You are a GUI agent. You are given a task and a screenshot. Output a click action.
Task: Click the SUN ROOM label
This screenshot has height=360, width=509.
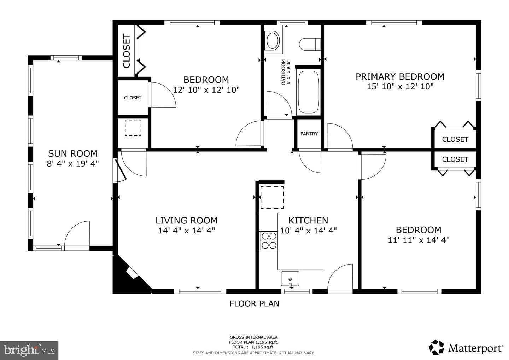tap(72, 153)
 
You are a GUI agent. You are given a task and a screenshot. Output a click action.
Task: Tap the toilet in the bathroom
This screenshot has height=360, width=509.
tap(310, 44)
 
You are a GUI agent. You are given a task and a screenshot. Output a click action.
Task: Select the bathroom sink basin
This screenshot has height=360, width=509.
tap(273, 41)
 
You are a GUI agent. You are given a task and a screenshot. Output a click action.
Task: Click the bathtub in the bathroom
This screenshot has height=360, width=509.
tap(309, 92)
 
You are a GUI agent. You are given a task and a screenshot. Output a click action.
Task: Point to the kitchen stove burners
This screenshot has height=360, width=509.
tap(268, 240)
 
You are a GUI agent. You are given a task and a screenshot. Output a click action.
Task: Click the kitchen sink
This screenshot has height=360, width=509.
tap(290, 278)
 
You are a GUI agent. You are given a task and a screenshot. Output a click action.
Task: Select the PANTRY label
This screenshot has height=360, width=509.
tap(309, 134)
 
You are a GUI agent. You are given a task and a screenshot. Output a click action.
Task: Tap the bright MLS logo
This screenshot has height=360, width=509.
tap(29, 350)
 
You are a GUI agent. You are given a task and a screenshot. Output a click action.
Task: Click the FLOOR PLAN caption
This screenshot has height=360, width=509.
tap(254, 303)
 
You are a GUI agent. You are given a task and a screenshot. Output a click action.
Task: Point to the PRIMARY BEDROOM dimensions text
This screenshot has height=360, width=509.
tap(400, 87)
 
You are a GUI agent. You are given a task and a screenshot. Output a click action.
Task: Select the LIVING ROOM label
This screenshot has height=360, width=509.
tap(186, 221)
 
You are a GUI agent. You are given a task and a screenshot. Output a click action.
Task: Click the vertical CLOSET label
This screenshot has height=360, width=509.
tap(127, 51)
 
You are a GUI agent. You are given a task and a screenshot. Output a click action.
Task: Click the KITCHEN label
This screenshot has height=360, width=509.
tap(308, 221)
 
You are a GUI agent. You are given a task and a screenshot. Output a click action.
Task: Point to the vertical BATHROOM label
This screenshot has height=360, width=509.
tap(283, 72)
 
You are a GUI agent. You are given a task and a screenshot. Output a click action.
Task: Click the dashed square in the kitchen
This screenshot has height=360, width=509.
tap(272, 197)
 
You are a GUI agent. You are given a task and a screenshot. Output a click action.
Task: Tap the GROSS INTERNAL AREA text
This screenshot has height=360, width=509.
tap(253, 337)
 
